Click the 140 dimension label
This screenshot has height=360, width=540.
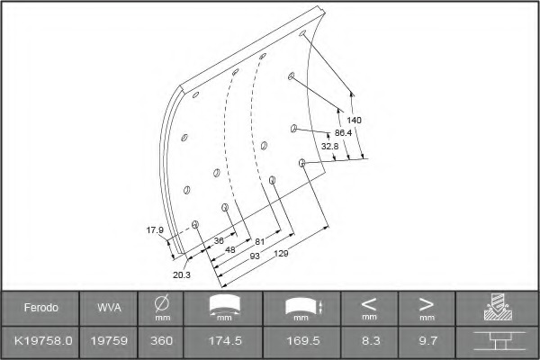(x=354, y=120)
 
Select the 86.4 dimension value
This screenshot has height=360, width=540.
(x=344, y=132)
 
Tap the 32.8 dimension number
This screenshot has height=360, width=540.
(x=330, y=146)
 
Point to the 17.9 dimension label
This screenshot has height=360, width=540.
(x=155, y=229)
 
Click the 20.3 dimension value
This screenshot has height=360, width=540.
(x=182, y=274)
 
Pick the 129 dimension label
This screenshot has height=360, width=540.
(x=281, y=254)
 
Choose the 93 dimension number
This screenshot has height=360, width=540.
(x=255, y=256)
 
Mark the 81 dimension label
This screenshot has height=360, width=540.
(x=260, y=241)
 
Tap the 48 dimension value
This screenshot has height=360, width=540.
(x=230, y=249)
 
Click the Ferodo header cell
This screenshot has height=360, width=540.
(x=41, y=307)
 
